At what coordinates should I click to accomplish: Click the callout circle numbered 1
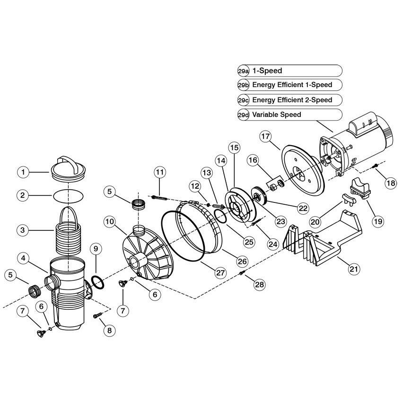tap(22, 172)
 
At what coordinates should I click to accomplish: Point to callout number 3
tap(22, 230)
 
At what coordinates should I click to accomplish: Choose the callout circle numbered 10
tap(109, 221)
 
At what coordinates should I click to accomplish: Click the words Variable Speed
tap(277, 114)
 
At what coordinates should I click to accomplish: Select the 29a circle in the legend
tap(243, 71)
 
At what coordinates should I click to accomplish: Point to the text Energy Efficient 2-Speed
tap(291, 100)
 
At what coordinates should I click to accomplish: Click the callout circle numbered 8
tap(109, 330)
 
